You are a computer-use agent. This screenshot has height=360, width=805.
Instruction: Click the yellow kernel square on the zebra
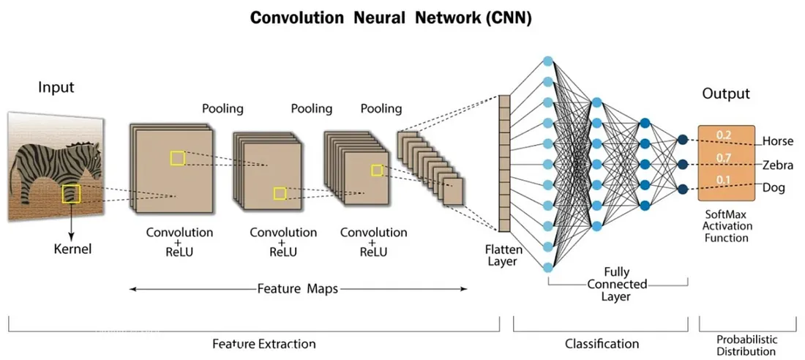coord(71,194)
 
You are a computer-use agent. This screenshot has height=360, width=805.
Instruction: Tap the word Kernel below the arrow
coord(73,250)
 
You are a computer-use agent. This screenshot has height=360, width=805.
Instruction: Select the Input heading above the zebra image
coord(56,88)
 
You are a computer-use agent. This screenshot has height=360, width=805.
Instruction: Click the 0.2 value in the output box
coord(724,135)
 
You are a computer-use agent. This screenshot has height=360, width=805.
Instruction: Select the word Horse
coord(777,140)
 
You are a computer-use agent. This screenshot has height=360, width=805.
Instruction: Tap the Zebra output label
coord(776,165)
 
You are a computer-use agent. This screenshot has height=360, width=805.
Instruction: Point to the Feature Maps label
coord(297,288)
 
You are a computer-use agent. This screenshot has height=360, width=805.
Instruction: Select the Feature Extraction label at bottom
coord(264,343)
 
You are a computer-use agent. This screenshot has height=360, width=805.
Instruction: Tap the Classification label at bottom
coord(602,343)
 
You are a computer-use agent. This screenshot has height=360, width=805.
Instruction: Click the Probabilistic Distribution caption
coord(747,345)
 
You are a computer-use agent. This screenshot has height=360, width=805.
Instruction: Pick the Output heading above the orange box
coord(726,94)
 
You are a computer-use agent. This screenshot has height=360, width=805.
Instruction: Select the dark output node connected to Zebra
coord(683,165)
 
